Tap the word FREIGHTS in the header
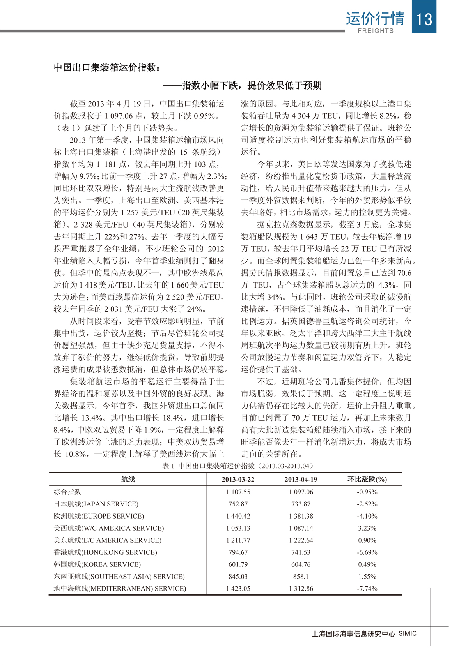point(376,31)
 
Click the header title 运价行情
point(375,18)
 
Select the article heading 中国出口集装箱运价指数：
point(107,67)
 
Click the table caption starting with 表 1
point(238,466)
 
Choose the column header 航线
point(128,479)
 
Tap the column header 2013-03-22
point(238,479)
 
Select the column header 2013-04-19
point(301,479)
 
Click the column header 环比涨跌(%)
point(367,479)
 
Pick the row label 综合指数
point(67,492)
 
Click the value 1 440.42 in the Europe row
point(238,516)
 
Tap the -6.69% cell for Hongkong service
point(367,552)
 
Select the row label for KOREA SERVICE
point(97,564)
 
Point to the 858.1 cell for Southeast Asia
point(301,577)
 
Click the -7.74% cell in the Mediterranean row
point(367,589)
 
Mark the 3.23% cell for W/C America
point(367,528)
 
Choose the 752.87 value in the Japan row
point(238,504)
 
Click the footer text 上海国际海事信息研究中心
point(353,634)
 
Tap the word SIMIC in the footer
point(408,633)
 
